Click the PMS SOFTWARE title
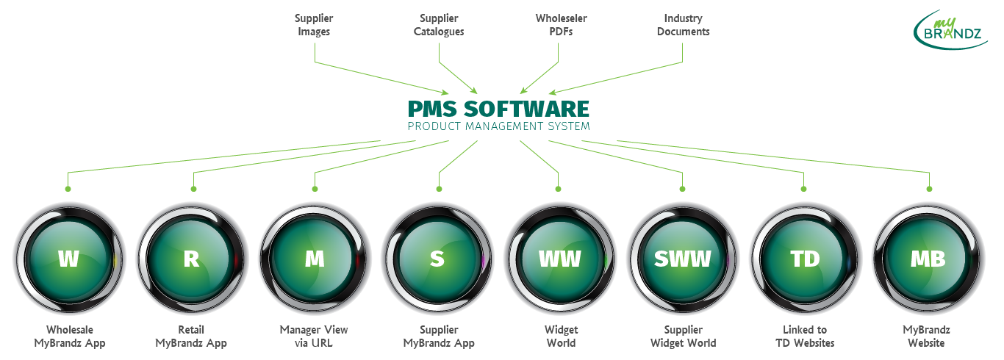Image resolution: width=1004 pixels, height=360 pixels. [x=498, y=109]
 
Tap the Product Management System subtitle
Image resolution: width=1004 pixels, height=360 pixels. [x=498, y=126]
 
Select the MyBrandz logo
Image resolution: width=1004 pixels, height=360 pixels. [x=950, y=29]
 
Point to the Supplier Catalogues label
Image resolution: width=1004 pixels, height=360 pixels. [x=439, y=25]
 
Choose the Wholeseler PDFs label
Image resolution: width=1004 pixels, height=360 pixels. [x=561, y=25]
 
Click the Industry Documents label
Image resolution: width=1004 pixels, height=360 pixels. [x=683, y=25]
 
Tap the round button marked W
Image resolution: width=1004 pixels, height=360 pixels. [x=69, y=259]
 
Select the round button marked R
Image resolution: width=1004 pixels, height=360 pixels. [x=191, y=259]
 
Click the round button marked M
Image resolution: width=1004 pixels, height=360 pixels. [x=314, y=259]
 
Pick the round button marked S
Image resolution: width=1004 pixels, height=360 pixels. [x=437, y=259]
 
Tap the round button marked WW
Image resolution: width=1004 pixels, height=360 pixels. [x=559, y=259]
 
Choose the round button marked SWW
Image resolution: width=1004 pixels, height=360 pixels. [x=683, y=259]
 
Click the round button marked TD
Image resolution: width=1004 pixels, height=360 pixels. [x=806, y=259]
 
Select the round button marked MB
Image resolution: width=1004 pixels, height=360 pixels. [x=928, y=259]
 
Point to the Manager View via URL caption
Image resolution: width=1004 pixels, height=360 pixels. [x=314, y=336]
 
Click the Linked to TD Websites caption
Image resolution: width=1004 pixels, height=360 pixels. [x=806, y=336]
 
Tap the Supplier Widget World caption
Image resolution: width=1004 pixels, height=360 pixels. [x=683, y=336]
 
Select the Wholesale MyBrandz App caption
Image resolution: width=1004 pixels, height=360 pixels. [x=70, y=336]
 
